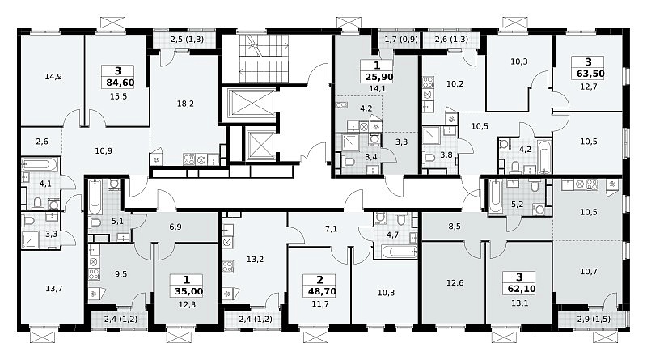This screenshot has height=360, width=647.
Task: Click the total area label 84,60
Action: pyautogui.click(x=120, y=83)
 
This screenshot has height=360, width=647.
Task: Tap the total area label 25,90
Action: pyautogui.click(x=378, y=77)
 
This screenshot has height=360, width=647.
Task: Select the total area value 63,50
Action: pyautogui.click(x=588, y=74)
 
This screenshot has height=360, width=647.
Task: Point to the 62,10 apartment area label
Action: pyautogui.click(x=519, y=289)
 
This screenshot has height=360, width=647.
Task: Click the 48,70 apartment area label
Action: pyautogui.click(x=322, y=291)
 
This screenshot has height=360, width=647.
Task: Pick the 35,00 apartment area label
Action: pyautogui.click(x=188, y=291)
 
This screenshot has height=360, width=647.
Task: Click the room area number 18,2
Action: pyautogui.click(x=185, y=104)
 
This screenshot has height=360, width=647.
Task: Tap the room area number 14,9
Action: pyautogui.click(x=53, y=76)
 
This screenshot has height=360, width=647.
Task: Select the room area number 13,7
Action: pyautogui.click(x=54, y=289)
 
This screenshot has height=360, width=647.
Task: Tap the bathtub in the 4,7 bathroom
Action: pyautogui.click(x=396, y=252)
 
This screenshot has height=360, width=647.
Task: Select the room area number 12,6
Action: pyautogui.click(x=455, y=283)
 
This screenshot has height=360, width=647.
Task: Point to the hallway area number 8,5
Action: pyautogui.click(x=455, y=227)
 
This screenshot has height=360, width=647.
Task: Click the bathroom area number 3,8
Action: pyautogui.click(x=446, y=155)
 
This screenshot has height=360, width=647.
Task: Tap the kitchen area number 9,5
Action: pyautogui.click(x=121, y=273)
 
